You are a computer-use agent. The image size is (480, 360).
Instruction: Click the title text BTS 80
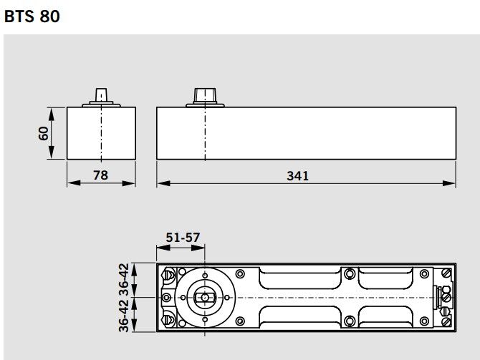pyautogui.click(x=32, y=16)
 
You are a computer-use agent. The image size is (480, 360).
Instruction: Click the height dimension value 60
pyautogui.click(x=44, y=134)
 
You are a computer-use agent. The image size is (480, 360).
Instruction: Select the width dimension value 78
pyautogui.click(x=101, y=174)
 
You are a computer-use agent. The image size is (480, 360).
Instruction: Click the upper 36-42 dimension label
pyautogui.click(x=125, y=280)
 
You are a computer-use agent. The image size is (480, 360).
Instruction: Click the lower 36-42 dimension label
pyautogui.click(x=125, y=314)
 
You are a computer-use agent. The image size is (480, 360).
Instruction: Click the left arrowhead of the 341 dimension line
pyautogui.click(x=161, y=183)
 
